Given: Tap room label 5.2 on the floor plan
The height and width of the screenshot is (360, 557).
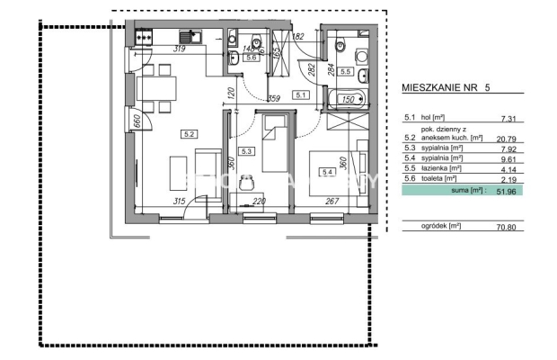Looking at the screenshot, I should coord(190,134).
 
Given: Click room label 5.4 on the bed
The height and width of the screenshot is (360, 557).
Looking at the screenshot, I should coord(327,172).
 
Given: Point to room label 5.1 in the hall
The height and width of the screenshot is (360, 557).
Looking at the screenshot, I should coord(301,94).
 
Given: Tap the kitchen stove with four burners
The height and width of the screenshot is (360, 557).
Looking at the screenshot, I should coord(144,37).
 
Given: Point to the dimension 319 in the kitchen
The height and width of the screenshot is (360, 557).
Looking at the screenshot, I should coord(180,49).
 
